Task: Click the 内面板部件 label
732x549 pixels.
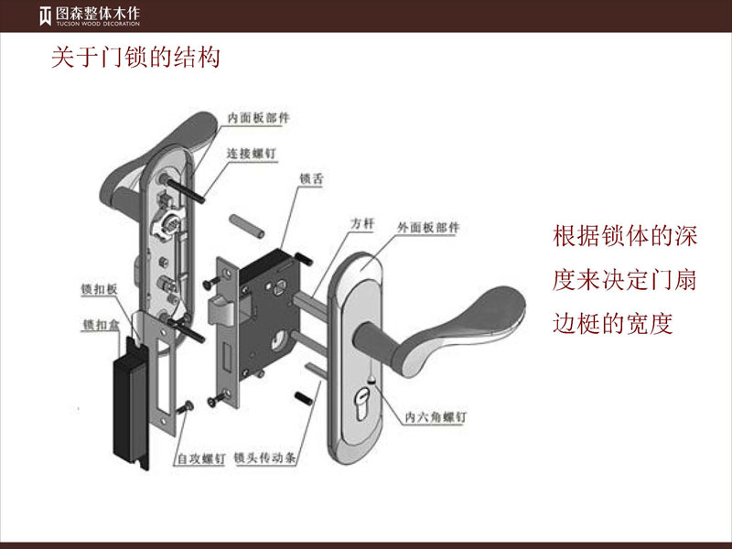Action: pyautogui.click(x=259, y=117)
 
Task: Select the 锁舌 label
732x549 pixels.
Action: pyautogui.click(x=311, y=180)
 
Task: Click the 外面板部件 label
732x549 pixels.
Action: pyautogui.click(x=427, y=226)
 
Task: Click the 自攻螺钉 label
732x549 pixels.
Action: pyautogui.click(x=200, y=458)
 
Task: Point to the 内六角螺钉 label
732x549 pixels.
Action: pyautogui.click(x=436, y=416)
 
